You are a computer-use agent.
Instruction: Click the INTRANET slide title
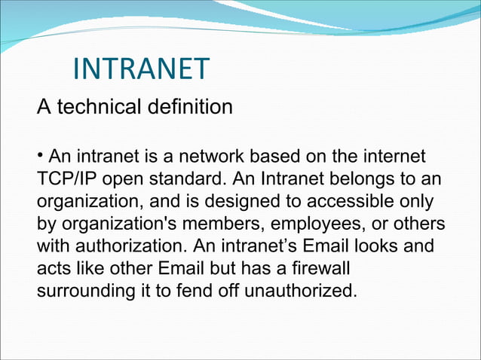point(141,69)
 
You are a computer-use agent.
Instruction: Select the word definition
point(191,108)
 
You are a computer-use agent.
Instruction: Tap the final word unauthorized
point(300,291)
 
